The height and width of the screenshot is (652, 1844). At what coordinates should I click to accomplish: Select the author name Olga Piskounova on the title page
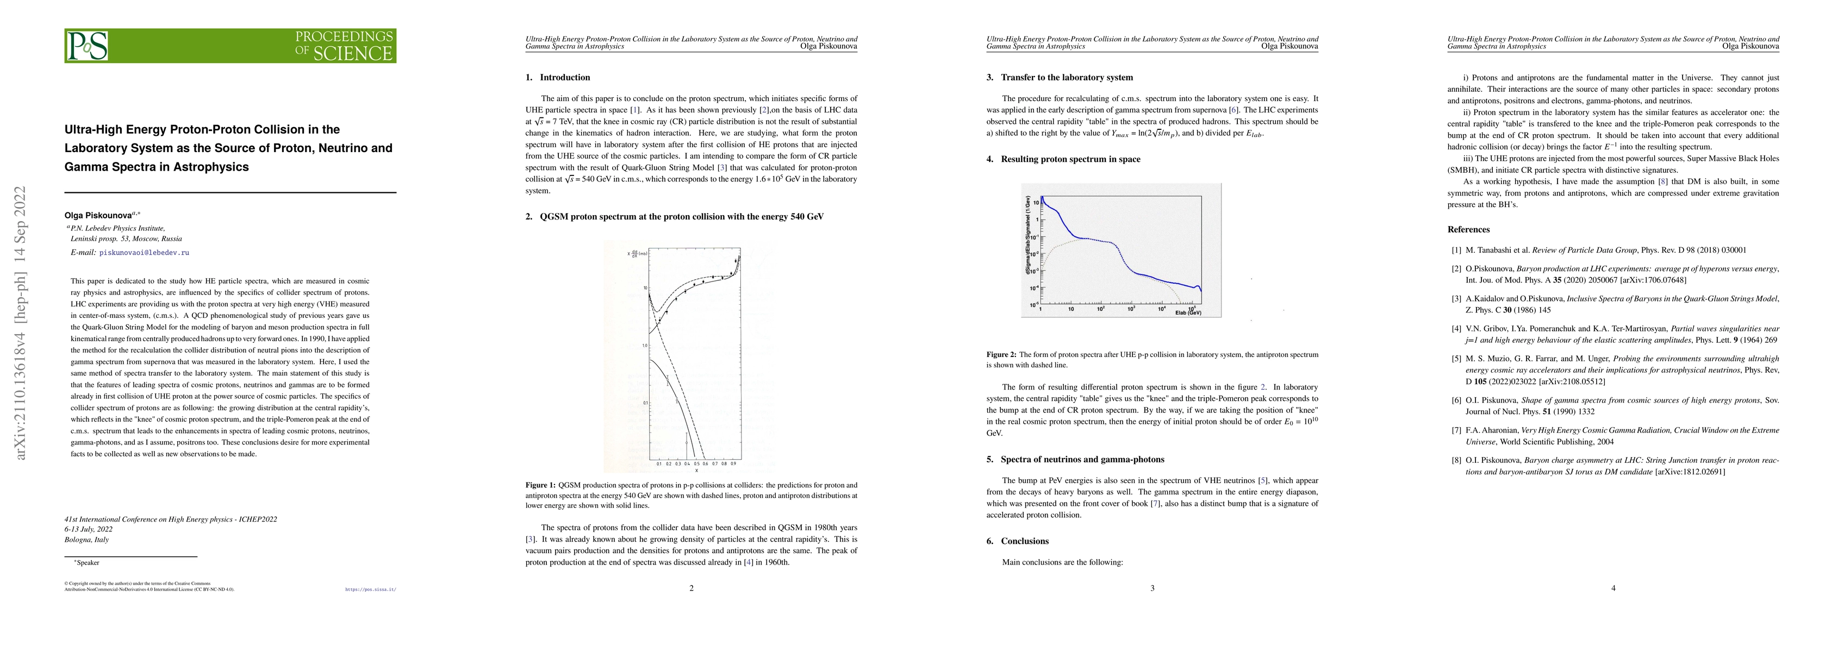[x=98, y=215]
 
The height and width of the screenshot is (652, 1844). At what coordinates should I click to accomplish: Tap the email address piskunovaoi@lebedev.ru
[x=144, y=253]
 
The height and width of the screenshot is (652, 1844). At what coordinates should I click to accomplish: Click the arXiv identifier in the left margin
[x=22, y=322]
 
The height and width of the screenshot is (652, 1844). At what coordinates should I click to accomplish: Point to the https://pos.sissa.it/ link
[x=370, y=590]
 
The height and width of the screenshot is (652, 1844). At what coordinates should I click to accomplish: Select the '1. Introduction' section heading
[x=558, y=77]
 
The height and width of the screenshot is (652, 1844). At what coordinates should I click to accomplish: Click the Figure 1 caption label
[x=540, y=485]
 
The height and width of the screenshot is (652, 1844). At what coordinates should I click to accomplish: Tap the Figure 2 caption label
[x=1001, y=354]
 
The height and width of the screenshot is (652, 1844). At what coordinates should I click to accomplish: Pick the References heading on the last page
[x=1468, y=230]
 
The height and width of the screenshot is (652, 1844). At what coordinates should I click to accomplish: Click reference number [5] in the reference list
[x=1456, y=359]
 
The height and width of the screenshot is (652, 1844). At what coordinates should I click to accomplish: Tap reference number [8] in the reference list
[x=1456, y=460]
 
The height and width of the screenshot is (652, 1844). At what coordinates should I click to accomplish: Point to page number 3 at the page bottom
[x=1152, y=588]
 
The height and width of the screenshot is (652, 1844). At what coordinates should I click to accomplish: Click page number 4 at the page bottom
[x=1613, y=588]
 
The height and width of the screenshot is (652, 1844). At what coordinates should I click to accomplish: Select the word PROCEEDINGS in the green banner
[x=344, y=36]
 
